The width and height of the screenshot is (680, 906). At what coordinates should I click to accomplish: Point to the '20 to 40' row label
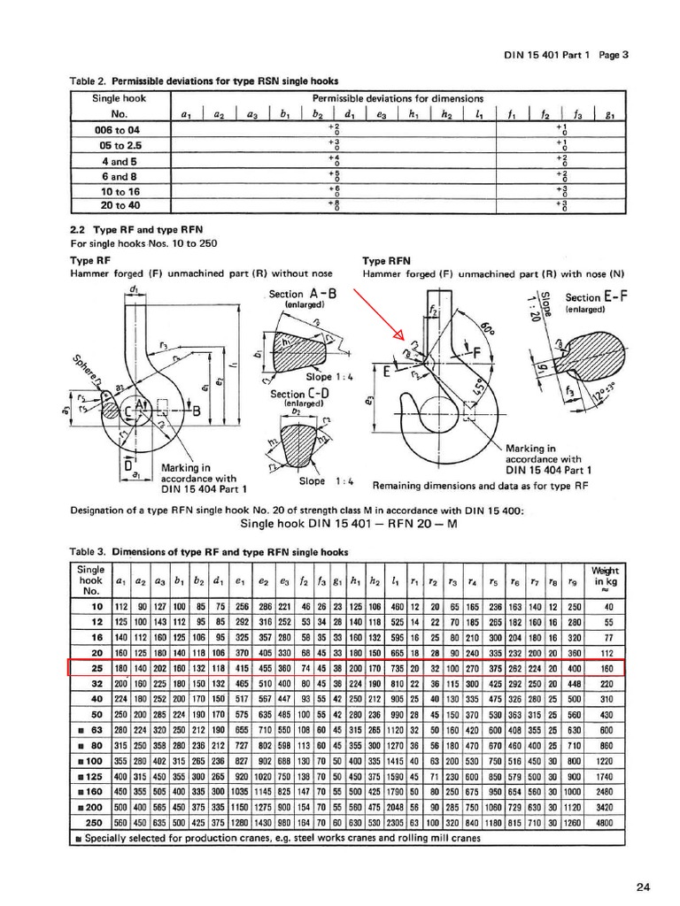(120, 204)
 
